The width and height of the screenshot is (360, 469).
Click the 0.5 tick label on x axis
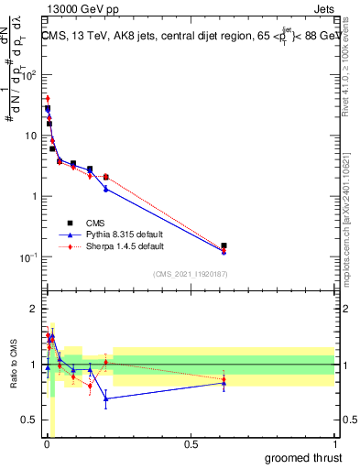191,443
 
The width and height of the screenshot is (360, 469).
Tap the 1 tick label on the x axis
335,443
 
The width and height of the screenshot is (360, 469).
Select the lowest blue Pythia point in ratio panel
106,398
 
